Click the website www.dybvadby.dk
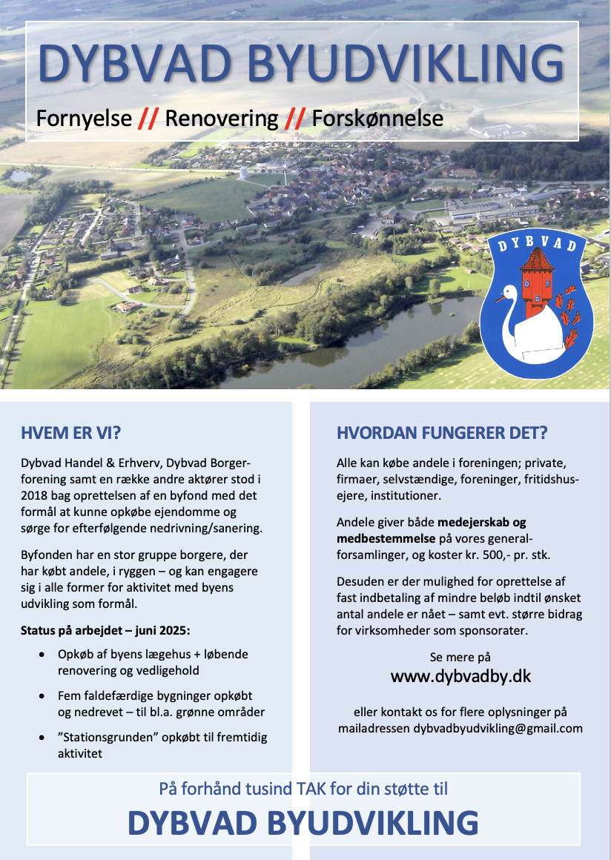(x=460, y=676)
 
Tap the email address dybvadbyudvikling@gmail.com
(x=498, y=728)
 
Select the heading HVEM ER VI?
(x=71, y=433)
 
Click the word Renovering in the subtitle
(x=222, y=118)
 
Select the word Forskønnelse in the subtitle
(x=377, y=118)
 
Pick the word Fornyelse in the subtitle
(x=84, y=118)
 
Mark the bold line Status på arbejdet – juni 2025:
(x=106, y=630)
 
